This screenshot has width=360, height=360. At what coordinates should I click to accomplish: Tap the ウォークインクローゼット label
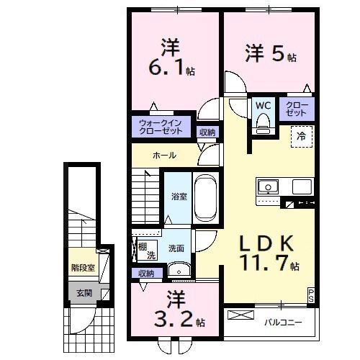[x=162, y=127]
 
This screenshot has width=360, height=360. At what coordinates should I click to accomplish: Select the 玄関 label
[x=83, y=292]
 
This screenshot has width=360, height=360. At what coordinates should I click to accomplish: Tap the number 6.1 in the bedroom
[x=167, y=71]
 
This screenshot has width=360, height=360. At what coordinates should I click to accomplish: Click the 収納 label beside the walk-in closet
[x=207, y=132]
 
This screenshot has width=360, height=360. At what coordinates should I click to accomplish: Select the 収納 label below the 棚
[x=146, y=274]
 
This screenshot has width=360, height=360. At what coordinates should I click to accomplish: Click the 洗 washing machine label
[x=151, y=256]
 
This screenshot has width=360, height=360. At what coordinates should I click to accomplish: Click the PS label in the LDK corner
[x=311, y=293]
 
